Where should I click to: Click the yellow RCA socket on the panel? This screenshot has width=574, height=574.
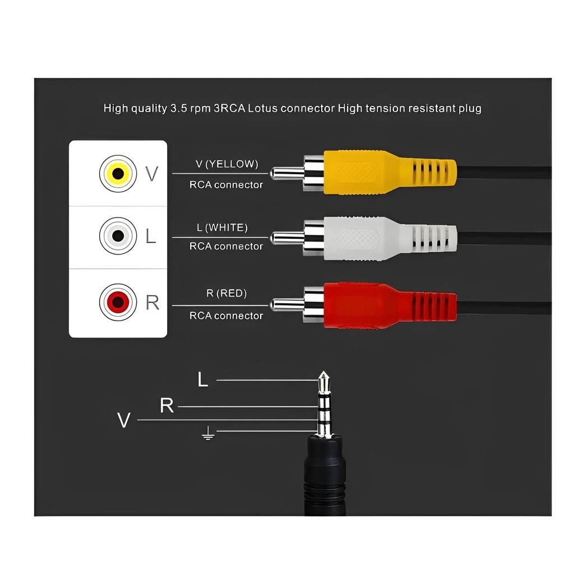pos(118,173)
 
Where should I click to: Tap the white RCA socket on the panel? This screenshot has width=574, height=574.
pos(118,236)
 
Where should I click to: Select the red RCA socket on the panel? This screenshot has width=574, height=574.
pos(118,303)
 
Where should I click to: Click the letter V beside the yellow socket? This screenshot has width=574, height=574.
pos(151,174)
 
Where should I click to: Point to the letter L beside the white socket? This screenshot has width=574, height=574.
pos(150,237)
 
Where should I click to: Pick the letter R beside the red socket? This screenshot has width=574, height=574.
pos(152,303)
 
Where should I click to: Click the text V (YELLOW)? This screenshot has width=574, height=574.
pos(226,164)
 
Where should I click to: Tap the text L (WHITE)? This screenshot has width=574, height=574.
pos(222,228)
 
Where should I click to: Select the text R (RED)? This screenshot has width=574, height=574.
pos(226,293)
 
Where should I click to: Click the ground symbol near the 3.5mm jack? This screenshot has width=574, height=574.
pos(208,433)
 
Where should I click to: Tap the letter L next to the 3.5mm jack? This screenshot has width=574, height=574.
pos(203,380)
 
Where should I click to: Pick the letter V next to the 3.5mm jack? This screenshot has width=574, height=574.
pos(124,420)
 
